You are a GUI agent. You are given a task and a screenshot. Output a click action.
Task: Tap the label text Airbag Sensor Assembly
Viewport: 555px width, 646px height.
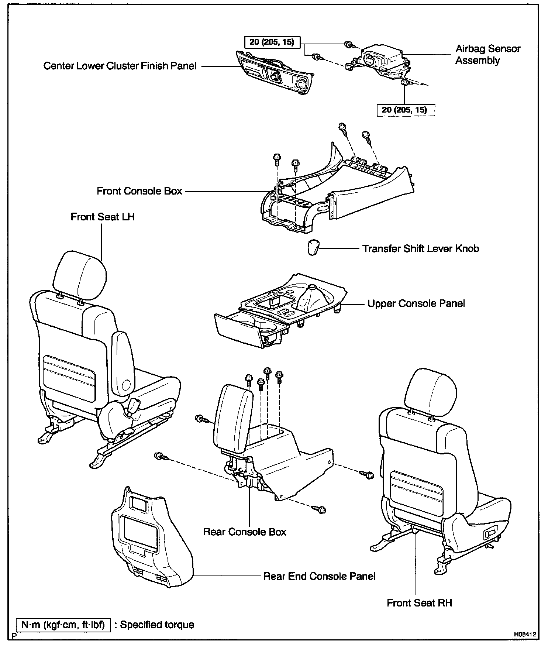pyautogui.click(x=487, y=55)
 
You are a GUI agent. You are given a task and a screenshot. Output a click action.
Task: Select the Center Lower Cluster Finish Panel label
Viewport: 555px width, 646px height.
pyautogui.click(x=120, y=66)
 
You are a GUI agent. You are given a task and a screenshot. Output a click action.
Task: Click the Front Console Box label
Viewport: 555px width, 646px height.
pyautogui.click(x=139, y=191)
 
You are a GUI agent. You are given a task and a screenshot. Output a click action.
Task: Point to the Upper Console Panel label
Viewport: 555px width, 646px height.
pyautogui.click(x=416, y=304)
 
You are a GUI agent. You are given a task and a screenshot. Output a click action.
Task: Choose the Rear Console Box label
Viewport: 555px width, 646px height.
pyautogui.click(x=245, y=532)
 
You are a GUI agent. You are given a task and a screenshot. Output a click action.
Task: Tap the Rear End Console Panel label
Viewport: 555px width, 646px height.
pyautogui.click(x=319, y=576)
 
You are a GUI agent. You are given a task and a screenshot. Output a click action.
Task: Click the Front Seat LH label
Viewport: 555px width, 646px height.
pyautogui.click(x=103, y=217)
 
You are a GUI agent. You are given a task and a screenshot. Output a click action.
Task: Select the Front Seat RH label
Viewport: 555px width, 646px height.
pyautogui.click(x=419, y=603)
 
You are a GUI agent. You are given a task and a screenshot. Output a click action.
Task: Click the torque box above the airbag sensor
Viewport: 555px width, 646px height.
pyautogui.click(x=272, y=42)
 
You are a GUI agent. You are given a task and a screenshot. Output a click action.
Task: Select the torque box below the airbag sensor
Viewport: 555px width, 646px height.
pyautogui.click(x=405, y=110)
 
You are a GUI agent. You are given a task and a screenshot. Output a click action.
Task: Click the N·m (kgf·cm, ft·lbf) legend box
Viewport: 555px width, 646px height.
pyautogui.click(x=63, y=625)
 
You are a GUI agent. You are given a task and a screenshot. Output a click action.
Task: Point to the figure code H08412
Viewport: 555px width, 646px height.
pyautogui.click(x=524, y=634)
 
